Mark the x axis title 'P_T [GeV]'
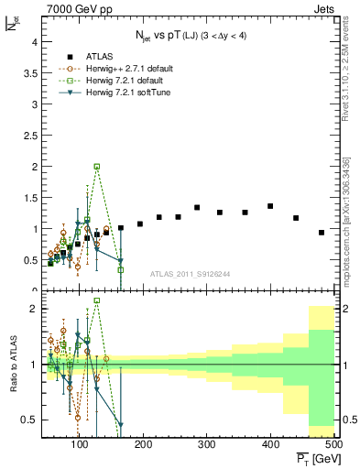(313, 458)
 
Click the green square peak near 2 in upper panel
(97, 167)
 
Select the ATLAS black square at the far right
(322, 233)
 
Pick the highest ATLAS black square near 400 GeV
(270, 206)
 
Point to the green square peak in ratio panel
(97, 300)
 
